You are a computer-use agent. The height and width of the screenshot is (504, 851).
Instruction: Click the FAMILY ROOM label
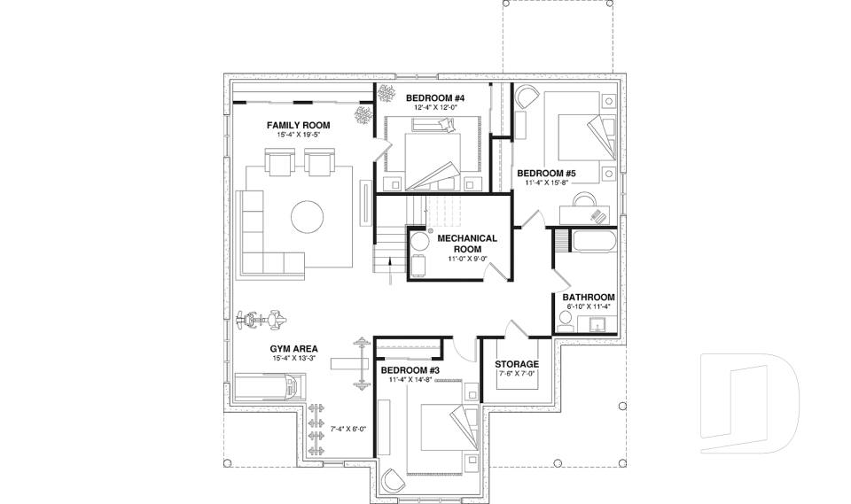coord(298,126)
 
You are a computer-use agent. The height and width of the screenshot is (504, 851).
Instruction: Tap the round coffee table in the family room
coord(308,215)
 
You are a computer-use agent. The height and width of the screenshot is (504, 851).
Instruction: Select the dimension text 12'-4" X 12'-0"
coord(435,107)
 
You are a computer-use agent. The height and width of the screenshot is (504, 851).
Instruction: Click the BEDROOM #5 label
coord(547,173)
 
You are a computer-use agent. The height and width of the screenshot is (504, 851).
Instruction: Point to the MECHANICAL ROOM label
coord(467,244)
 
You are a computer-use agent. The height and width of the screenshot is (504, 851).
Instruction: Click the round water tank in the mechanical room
coord(419,240)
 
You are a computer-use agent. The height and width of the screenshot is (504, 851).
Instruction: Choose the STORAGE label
coord(517,364)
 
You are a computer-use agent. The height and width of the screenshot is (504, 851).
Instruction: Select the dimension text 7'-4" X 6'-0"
coord(348,429)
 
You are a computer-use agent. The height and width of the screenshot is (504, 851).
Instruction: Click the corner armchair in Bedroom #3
coord(390,479)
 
